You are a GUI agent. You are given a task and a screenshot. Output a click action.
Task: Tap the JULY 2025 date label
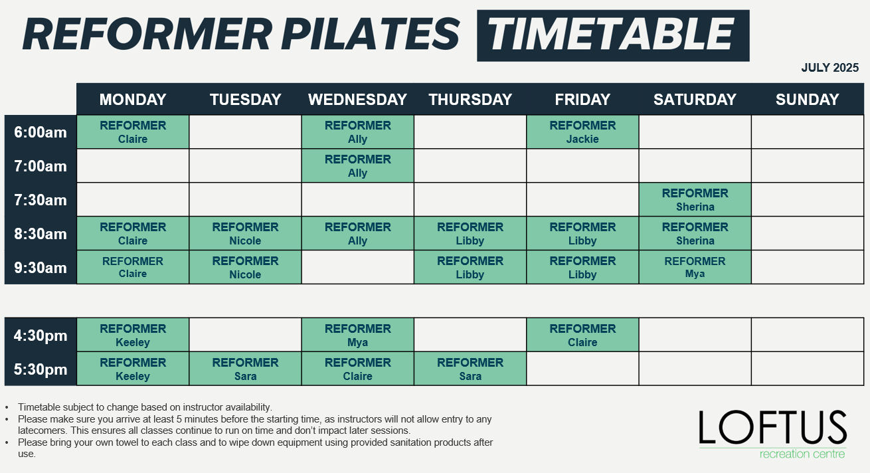[x=829, y=68]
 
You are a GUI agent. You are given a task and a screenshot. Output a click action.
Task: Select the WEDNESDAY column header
[x=357, y=100]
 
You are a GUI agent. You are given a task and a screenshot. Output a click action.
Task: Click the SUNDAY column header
[x=808, y=100]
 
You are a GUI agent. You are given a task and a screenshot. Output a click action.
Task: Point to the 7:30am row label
[x=41, y=200]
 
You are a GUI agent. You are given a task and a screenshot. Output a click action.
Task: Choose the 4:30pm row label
[x=41, y=335]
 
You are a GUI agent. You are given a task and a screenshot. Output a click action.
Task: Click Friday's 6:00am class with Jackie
[x=582, y=132]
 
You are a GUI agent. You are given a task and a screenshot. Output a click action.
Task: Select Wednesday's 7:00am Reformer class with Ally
[x=358, y=166]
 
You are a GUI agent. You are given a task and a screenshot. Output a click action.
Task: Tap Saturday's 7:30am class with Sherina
[x=695, y=200]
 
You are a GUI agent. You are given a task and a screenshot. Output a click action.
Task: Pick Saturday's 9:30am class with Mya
[x=695, y=268]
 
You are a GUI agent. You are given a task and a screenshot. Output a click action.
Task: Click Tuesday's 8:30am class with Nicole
[x=245, y=234]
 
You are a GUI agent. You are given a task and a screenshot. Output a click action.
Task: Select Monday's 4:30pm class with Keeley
[x=133, y=335]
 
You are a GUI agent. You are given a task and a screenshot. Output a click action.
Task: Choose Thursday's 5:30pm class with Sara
[x=470, y=369]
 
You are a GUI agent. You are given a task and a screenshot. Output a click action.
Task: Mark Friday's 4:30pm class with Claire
[x=582, y=335]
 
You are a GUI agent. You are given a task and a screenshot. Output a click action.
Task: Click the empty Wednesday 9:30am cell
[x=358, y=268]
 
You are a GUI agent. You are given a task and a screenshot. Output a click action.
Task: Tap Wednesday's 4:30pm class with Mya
[x=358, y=335]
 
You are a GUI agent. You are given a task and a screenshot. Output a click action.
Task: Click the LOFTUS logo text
[x=773, y=427]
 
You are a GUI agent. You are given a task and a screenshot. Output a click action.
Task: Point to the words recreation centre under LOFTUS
[x=802, y=454]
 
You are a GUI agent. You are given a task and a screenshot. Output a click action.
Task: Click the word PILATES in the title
[x=371, y=34]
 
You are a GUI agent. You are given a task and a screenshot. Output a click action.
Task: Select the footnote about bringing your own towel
[x=255, y=448]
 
